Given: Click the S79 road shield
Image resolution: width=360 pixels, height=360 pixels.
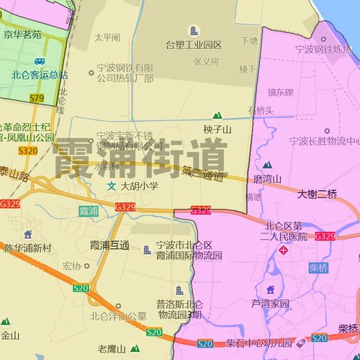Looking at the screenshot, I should pyautogui.click(x=37, y=97).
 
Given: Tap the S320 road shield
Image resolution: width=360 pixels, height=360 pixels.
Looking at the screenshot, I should pyautogui.click(x=27, y=150).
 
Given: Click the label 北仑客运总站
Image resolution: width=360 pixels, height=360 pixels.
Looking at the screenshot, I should pyautogui.click(x=40, y=74).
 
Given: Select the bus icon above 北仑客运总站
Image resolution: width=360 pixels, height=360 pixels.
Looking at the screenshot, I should pyautogui.click(x=40, y=62).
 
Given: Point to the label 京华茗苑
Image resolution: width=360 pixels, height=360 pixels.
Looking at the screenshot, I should pyautogui.click(x=22, y=34).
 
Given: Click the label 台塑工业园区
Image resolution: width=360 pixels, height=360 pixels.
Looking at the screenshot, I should pyautogui.click(x=194, y=45).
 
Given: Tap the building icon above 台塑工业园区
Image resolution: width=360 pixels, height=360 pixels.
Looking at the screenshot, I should pyautogui.click(x=193, y=31).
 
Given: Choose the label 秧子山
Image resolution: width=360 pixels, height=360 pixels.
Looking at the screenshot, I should pyautogui.click(x=217, y=130).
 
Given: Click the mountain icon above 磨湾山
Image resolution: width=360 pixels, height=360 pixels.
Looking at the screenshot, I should pyautogui.click(x=267, y=165).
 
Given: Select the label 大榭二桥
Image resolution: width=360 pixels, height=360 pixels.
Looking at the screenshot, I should pyautogui.click(x=317, y=194).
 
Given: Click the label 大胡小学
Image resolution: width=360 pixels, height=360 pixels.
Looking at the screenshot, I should pyautogui.click(x=139, y=186).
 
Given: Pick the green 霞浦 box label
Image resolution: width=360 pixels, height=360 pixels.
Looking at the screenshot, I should pyautogui.click(x=88, y=211).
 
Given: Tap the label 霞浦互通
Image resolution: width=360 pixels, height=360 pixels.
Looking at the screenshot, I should pyautogui.click(x=109, y=246).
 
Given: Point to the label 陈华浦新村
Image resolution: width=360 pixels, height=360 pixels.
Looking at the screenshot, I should pyautogui.click(x=28, y=248).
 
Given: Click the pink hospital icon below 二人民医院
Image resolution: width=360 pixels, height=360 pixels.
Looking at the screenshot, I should pyautogui.click(x=284, y=251).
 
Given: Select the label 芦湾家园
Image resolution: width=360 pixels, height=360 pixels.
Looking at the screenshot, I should pyautogui.click(x=270, y=303).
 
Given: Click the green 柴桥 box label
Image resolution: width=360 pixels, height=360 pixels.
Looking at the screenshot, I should pyautogui.click(x=318, y=268).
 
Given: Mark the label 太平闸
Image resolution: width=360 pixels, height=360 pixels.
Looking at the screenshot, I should pyautogui.click(x=107, y=37).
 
